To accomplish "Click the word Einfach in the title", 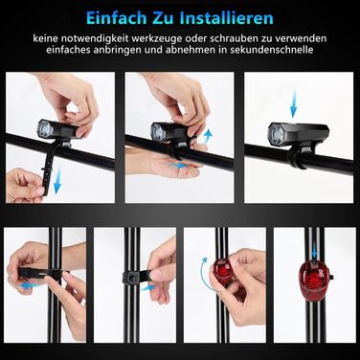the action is pyautogui.click(x=114, y=18).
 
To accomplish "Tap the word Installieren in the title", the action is pyautogui.click(x=226, y=18).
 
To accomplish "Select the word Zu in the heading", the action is pyautogui.click(x=161, y=18).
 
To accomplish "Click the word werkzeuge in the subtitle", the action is pyautogui.click(x=158, y=39).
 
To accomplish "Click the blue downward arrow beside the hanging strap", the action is pyautogui.click(x=57, y=181).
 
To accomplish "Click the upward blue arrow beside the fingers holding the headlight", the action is pyautogui.click(x=207, y=136).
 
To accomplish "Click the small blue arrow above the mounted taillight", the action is pyautogui.click(x=315, y=251).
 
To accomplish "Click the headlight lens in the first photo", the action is pyautogui.click(x=45, y=130).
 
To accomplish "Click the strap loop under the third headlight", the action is pyautogui.click(x=298, y=158).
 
